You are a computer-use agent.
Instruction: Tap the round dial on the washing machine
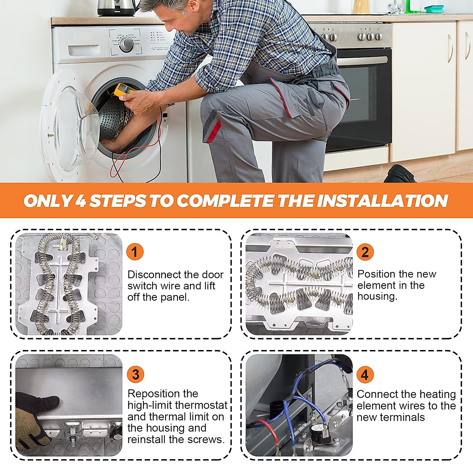pyautogui.click(x=126, y=44)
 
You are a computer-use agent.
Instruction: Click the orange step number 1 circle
pyautogui.click(x=135, y=252)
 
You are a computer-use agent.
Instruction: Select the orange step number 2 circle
pyautogui.click(x=365, y=252)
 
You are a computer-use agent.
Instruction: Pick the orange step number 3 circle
pyautogui.click(x=136, y=374)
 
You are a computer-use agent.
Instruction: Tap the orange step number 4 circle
pyautogui.click(x=365, y=374)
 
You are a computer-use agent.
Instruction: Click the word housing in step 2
pyautogui.click(x=377, y=296)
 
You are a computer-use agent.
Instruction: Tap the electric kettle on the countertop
pyautogui.click(x=117, y=7)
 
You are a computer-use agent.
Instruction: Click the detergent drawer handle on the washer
pyautogui.click(x=84, y=50)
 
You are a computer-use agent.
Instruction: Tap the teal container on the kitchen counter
pyautogui.click(x=434, y=9)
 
